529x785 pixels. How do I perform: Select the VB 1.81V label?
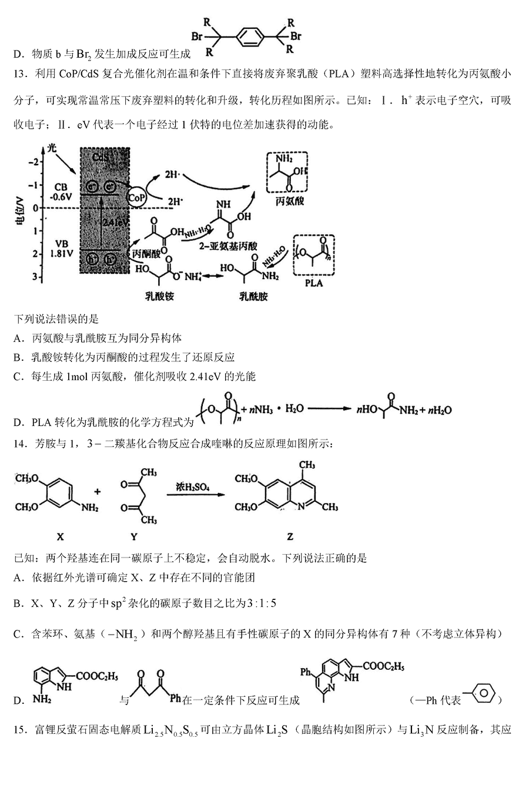click(61, 247)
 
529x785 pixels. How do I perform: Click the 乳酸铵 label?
click(160, 296)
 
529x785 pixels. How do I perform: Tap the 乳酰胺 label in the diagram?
click(253, 296)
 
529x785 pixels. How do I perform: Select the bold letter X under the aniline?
click(60, 536)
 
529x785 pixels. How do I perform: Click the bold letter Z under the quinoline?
click(290, 536)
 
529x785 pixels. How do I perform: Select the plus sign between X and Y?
click(98, 492)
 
